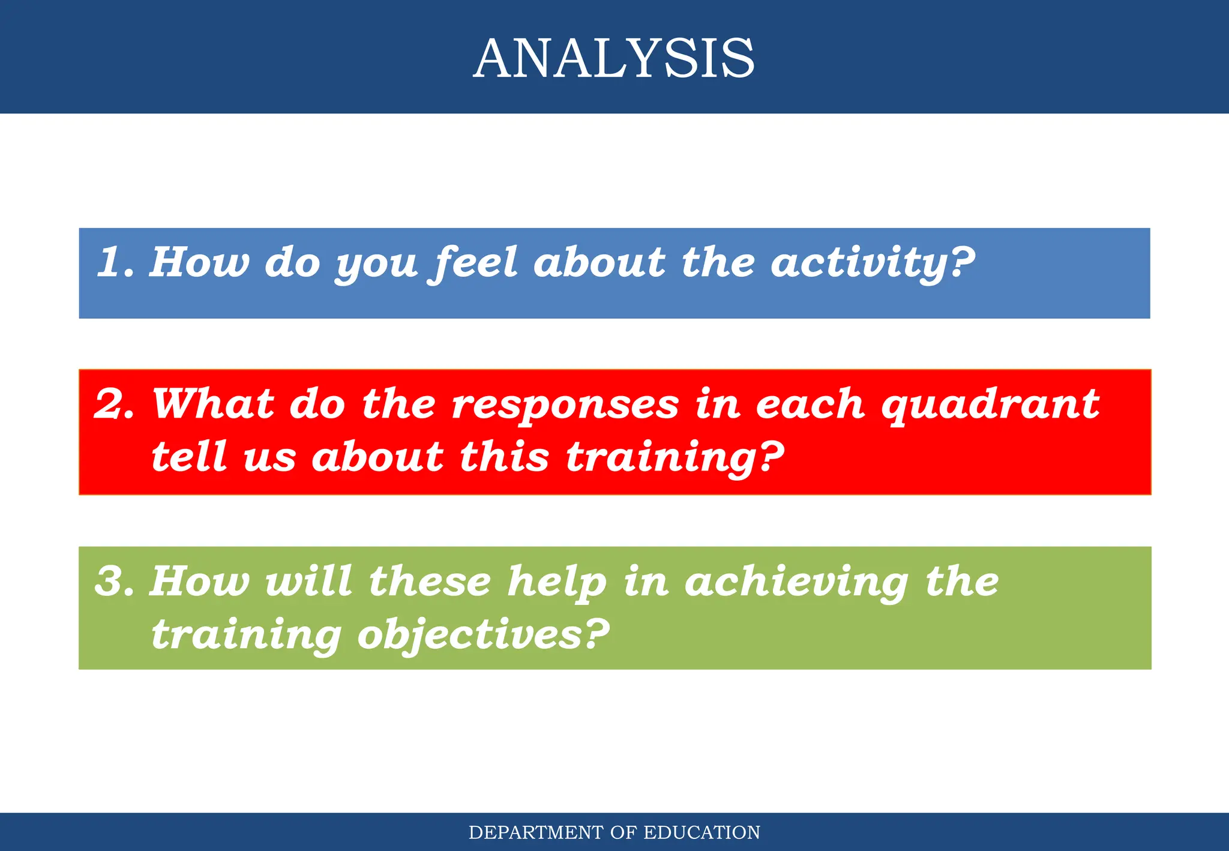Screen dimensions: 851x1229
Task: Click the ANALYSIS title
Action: coord(614,58)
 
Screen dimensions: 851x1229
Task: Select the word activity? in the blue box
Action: coord(873,263)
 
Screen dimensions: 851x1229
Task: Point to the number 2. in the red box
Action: coord(115,404)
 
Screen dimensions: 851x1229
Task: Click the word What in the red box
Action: coord(213,404)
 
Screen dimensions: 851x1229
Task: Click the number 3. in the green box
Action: coord(115,581)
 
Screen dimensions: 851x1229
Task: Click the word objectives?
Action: coord(483,635)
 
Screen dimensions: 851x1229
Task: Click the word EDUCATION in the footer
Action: coord(702,832)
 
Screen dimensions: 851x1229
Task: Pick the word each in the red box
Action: coord(810,404)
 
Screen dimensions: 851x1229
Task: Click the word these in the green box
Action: coord(430,581)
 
